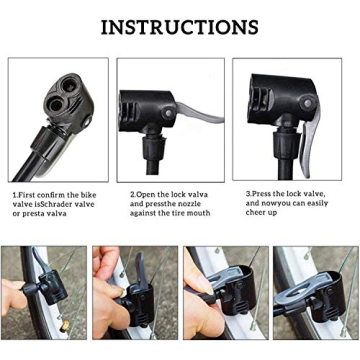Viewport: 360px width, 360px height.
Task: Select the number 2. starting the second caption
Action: tap(133, 194)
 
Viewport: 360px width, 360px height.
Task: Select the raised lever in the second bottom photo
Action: tap(140, 275)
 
